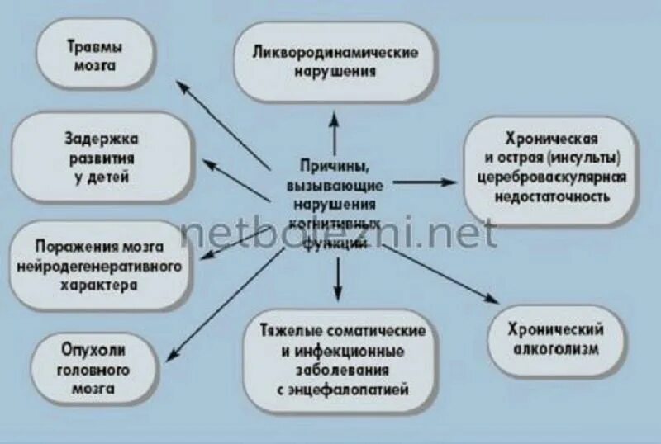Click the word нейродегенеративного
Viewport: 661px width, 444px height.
[x=98, y=266]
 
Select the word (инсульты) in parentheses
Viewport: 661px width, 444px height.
[x=587, y=157]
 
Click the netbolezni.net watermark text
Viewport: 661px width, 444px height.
[x=339, y=234]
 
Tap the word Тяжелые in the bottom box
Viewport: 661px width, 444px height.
[x=287, y=331]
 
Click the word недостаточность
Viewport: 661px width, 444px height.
[x=553, y=197]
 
